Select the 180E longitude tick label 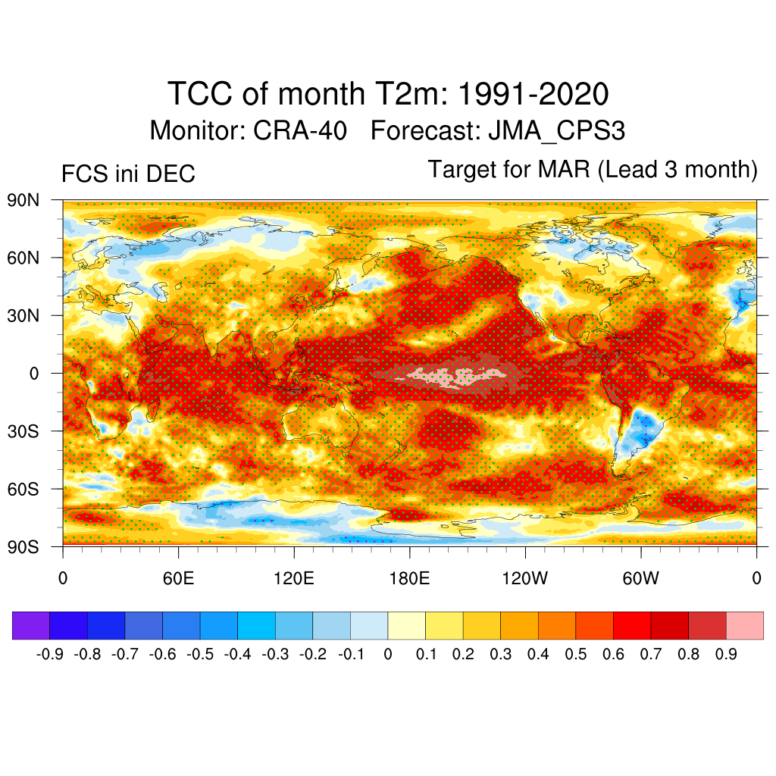409,580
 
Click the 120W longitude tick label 525,580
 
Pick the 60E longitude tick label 178,580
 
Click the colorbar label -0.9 49,654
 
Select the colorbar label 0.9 726,654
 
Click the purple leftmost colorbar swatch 31,625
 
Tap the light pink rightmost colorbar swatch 744,625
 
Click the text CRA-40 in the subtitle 300,131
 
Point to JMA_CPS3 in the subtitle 556,131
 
